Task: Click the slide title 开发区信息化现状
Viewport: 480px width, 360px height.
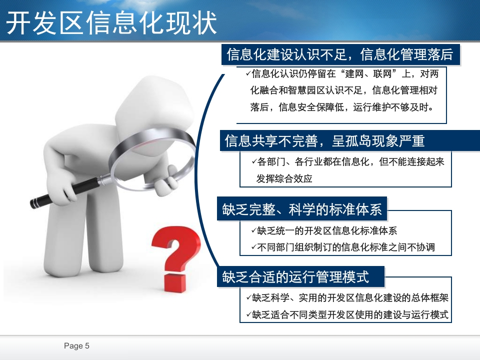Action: point(111,23)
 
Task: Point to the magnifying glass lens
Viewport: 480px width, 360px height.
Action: point(152,159)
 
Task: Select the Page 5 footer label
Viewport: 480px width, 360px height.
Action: point(76,346)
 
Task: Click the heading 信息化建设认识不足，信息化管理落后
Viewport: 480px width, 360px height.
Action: point(340,54)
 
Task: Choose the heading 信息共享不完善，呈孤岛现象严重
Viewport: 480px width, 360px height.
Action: point(324,141)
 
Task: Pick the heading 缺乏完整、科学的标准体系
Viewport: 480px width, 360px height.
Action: point(302,209)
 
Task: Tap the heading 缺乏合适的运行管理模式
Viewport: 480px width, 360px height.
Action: point(295,277)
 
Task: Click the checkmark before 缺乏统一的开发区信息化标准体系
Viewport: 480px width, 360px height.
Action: point(253,230)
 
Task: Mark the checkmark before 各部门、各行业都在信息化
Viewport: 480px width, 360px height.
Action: point(254,161)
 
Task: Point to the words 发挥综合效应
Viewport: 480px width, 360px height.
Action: point(284,178)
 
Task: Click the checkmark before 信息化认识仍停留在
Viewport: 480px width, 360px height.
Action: point(248,73)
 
